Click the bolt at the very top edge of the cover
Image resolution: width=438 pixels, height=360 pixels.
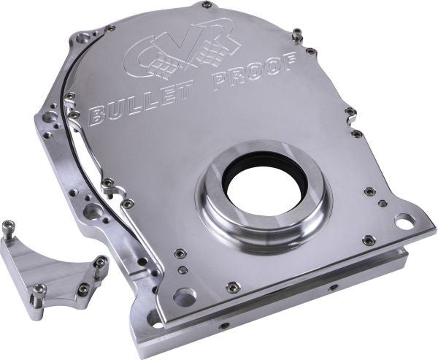click(207, 4)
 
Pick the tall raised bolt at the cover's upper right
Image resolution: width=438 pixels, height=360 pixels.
click(297, 34)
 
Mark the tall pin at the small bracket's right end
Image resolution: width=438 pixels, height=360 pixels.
click(100, 266)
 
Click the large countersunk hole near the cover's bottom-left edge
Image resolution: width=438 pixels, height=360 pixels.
click(185, 296)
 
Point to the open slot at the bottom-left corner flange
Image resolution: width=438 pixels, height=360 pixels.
click(155, 320)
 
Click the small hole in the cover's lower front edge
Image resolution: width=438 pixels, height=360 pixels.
click(333, 287)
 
